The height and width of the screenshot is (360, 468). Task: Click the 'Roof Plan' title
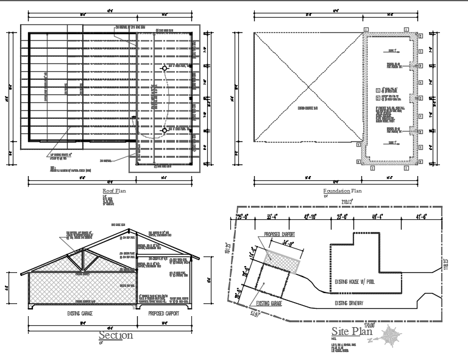pos(114,191)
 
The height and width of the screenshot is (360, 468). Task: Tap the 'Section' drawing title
pos(115,335)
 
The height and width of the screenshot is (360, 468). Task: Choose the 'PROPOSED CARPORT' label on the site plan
pos(279,235)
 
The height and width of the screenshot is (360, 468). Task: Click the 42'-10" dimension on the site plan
pos(311,216)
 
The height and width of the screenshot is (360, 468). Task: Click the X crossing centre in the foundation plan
pos(304,86)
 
